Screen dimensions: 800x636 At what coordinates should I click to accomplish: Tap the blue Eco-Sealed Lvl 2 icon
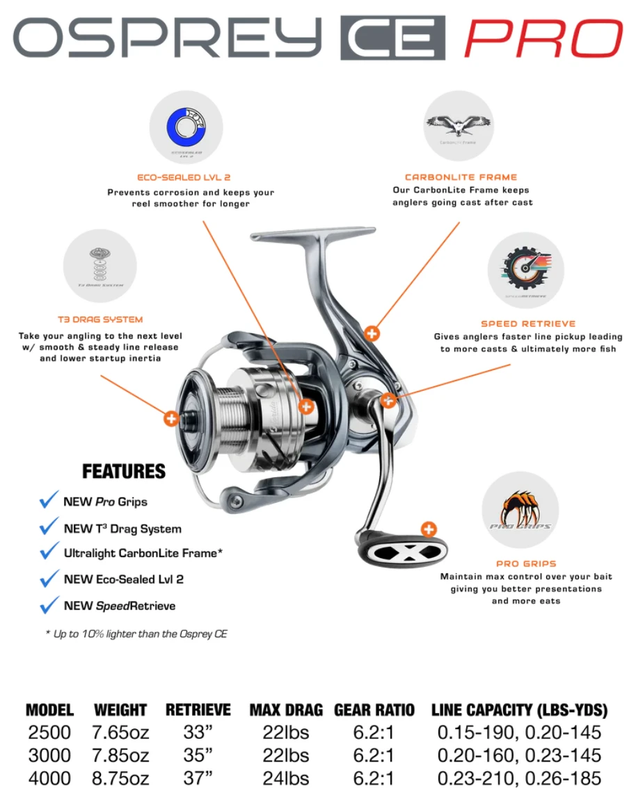pos(186,127)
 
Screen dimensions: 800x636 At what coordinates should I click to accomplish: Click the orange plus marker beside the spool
pos(170,418)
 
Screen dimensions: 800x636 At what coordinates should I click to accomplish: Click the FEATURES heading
pos(124,472)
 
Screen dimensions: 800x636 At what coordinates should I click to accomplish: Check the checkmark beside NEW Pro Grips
pos(49,501)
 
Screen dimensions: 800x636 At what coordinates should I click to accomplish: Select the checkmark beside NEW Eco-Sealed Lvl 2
pos(49,579)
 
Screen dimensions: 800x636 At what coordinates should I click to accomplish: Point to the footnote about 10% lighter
pos(136,634)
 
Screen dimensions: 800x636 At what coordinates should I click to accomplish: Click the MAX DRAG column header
pos(286,710)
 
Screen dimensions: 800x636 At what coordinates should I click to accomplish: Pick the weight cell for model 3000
pos(120,755)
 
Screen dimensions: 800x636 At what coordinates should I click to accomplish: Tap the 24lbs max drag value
pos(286,778)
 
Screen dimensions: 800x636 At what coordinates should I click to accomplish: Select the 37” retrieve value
pos(198,778)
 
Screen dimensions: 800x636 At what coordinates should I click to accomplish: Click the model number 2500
pos(49,733)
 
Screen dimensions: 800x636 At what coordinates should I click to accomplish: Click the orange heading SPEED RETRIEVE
pos(528,323)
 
